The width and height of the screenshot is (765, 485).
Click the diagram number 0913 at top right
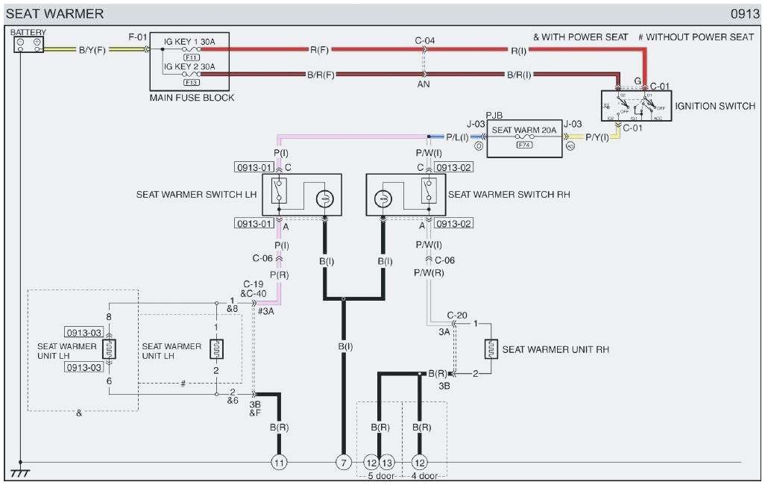pyautogui.click(x=745, y=13)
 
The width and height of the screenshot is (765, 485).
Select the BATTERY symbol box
pyautogui.click(x=28, y=45)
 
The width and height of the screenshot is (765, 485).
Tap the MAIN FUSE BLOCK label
pyautogui.click(x=192, y=98)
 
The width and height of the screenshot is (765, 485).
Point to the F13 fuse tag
pyautogui.click(x=191, y=82)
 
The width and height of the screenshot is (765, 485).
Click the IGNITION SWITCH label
pyautogui.click(x=714, y=106)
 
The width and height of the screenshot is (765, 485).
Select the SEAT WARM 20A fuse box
pyautogui.click(x=525, y=137)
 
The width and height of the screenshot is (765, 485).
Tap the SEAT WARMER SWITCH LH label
pyautogui.click(x=195, y=194)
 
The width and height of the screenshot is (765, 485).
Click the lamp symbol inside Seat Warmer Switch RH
pyautogui.click(x=382, y=198)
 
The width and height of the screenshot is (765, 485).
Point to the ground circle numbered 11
pyautogui.click(x=279, y=462)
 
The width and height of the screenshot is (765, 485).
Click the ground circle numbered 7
pyautogui.click(x=343, y=462)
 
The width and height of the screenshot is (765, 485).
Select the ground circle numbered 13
pyautogui.click(x=387, y=462)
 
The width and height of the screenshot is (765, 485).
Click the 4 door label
pyautogui.click(x=424, y=476)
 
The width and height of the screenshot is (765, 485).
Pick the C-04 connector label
pyautogui.click(x=425, y=40)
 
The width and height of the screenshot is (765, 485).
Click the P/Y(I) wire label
pyautogui.click(x=598, y=137)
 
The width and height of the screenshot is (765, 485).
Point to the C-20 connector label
pyautogui.click(x=457, y=316)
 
